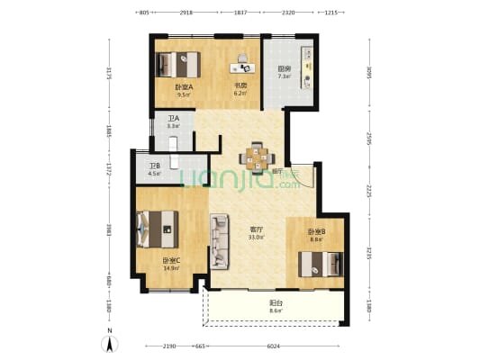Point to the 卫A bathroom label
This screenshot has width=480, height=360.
tap(173, 119)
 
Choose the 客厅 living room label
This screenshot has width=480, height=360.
tap(257, 229)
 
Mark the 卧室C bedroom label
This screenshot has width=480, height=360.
tap(171, 261)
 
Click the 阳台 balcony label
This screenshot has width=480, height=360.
tap(276, 303)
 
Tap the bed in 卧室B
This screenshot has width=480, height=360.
tap(321, 264)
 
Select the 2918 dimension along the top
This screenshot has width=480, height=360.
tap(186, 13)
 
